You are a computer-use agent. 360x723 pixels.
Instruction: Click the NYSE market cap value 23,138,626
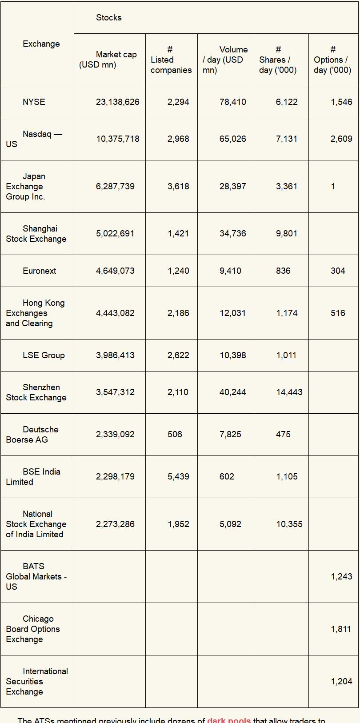[x=117, y=102]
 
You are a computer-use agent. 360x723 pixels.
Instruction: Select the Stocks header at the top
[x=109, y=17]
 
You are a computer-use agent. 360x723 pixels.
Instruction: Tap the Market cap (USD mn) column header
[x=108, y=60]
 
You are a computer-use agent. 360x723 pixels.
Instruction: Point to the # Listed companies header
[x=171, y=60]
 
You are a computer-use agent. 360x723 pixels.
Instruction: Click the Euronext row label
[x=40, y=271]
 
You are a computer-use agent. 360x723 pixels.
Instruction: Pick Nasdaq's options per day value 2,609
[x=341, y=139]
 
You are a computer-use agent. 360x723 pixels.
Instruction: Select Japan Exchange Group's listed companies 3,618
[x=178, y=186]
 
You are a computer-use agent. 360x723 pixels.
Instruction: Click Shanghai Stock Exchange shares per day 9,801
[x=286, y=233]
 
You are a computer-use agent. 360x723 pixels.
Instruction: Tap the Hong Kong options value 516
[x=338, y=313]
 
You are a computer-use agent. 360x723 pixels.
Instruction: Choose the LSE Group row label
[x=44, y=355]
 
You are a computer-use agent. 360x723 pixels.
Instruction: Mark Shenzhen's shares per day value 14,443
[x=289, y=392]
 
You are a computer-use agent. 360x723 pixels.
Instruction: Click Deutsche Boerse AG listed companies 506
[x=175, y=434]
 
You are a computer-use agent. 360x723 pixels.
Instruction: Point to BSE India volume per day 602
[x=227, y=476]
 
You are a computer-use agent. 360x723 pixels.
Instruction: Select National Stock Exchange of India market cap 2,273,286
[x=115, y=524]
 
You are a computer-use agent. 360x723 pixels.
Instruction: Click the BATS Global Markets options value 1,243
[x=341, y=576]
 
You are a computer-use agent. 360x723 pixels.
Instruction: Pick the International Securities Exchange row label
[x=37, y=681]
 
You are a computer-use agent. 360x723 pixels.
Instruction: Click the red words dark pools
[x=228, y=720]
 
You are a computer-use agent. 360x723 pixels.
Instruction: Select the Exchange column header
[x=41, y=44]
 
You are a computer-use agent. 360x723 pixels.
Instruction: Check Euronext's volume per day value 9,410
[x=230, y=271]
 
